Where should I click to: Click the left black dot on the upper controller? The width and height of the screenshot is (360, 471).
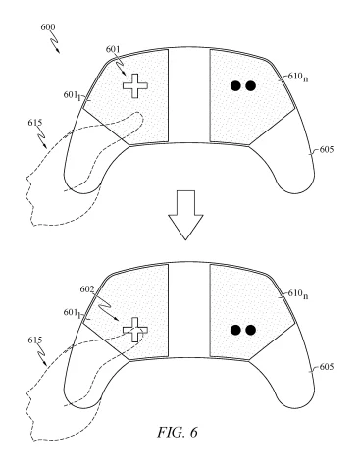pos(235,86)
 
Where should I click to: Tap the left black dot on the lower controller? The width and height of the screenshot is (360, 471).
pos(235,329)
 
